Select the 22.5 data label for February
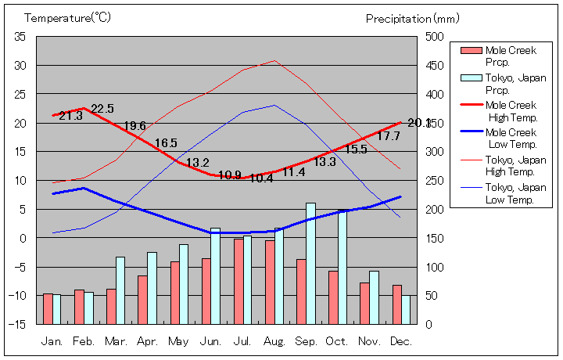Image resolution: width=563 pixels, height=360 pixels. (x=102, y=109)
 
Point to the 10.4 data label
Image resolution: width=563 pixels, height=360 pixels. (x=261, y=178)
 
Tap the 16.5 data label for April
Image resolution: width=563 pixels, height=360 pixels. (x=166, y=143)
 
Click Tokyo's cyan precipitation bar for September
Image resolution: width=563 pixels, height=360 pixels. (x=310, y=263)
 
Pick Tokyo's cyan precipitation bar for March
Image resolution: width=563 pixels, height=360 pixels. (x=120, y=290)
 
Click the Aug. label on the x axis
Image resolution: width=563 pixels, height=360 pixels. (x=274, y=342)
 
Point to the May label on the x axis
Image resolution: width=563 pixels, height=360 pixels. (x=178, y=342)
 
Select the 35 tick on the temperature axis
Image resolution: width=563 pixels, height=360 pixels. (x=20, y=37)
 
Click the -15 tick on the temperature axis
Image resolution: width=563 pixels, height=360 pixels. (x=18, y=324)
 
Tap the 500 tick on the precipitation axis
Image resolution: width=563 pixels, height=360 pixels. (x=435, y=37)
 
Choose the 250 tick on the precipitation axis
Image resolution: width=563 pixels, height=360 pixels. (x=435, y=181)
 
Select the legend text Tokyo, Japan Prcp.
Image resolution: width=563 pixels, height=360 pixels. (x=515, y=84)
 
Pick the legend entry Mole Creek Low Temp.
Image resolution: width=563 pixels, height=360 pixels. (x=512, y=139)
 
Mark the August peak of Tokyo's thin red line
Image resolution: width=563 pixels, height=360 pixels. (x=274, y=60)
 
